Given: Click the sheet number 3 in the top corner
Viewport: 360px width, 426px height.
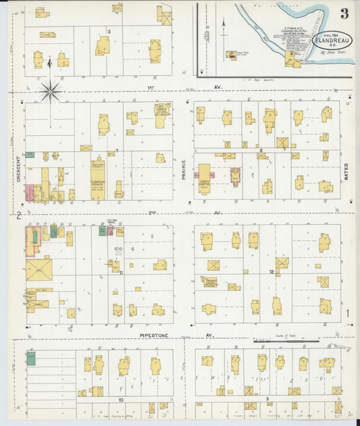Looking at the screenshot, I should pyautogui.click(x=344, y=14).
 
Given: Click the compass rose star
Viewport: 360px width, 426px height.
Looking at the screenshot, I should pyautogui.click(x=50, y=89).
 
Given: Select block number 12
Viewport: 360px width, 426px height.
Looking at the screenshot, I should pyautogui.click(x=271, y=272).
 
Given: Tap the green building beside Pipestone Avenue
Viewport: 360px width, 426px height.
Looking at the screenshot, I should pyautogui.click(x=31, y=358).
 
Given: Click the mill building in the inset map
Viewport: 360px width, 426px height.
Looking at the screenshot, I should pyautogui.click(x=292, y=61).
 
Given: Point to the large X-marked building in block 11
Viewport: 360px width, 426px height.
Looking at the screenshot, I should pyautogui.click(x=38, y=271).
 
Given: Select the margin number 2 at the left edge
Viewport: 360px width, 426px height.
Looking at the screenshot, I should pyautogui.click(x=20, y=215).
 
